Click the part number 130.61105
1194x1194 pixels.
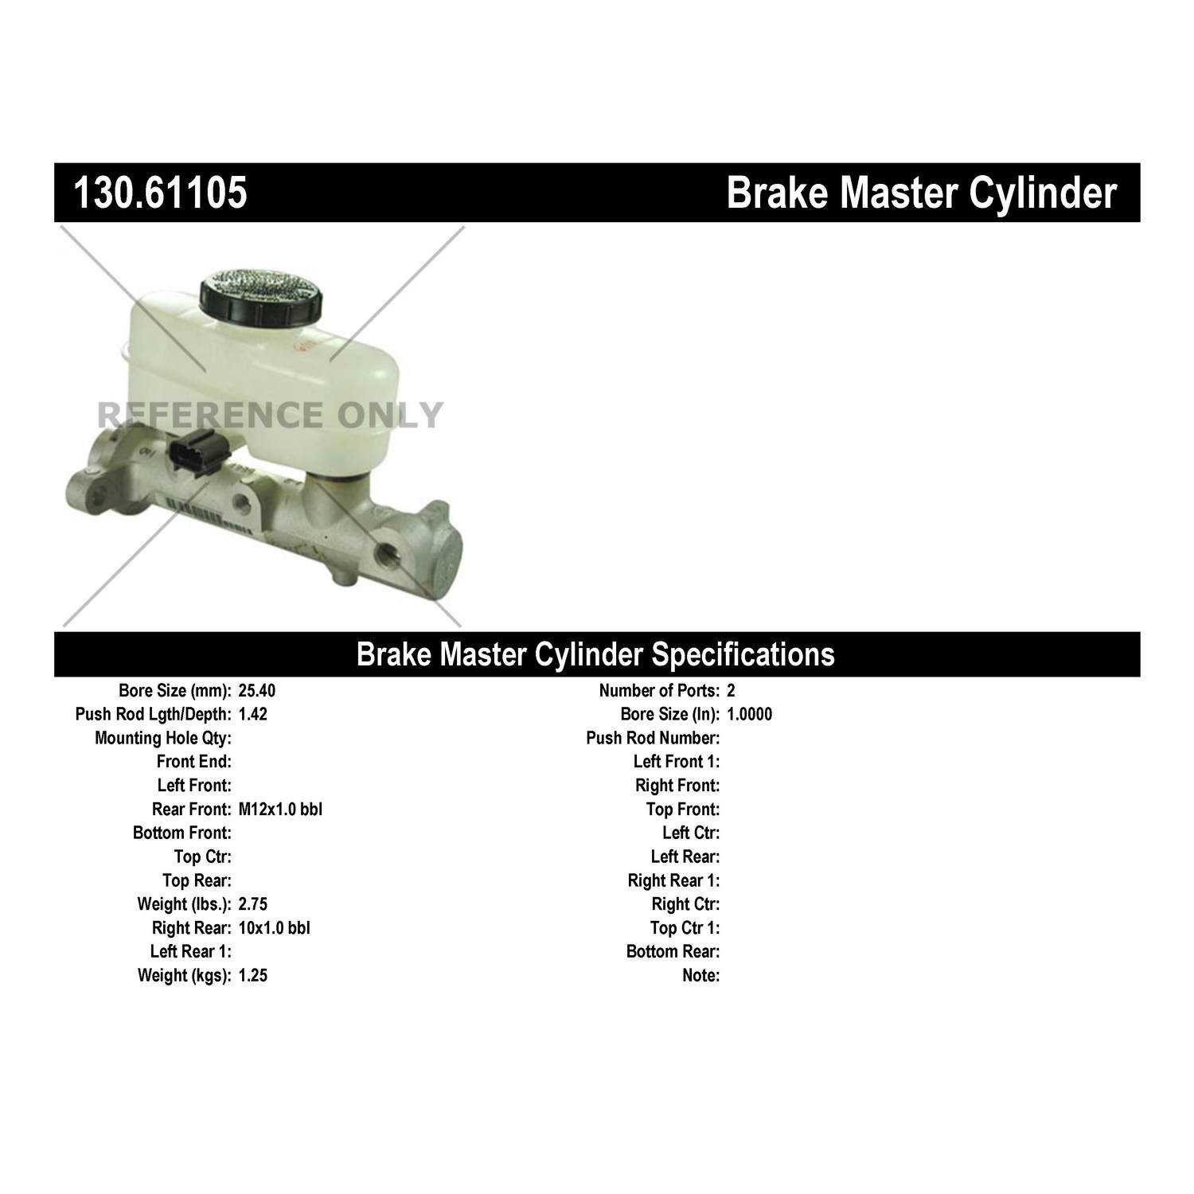click(160, 193)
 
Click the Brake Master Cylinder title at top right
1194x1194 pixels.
click(922, 193)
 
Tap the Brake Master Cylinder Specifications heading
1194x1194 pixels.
click(595, 654)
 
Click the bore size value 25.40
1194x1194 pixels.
click(257, 691)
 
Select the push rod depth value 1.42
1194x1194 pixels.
click(253, 714)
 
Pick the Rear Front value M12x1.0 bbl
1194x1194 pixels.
click(280, 810)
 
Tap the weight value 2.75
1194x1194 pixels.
click(253, 904)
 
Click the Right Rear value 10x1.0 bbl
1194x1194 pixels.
click(275, 928)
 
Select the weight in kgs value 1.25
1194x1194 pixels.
click(253, 975)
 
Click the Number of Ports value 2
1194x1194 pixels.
click(731, 691)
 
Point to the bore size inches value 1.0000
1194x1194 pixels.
click(749, 714)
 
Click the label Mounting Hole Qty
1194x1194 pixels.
click(163, 739)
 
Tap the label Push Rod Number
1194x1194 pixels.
click(653, 739)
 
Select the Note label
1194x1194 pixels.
click(700, 975)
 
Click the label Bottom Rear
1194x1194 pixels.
click(673, 951)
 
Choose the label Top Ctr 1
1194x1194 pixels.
click(685, 928)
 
